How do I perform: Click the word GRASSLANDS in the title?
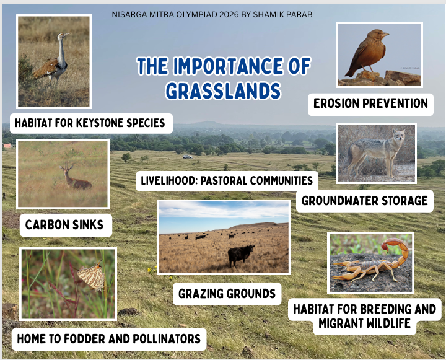click(223, 91)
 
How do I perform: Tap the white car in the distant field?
click(188, 157)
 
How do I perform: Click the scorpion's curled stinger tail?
click(397, 250)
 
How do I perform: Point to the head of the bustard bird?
click(63, 35)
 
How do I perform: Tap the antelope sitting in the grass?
click(75, 178)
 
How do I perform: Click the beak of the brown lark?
click(385, 35)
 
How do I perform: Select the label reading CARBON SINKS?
click(64, 225)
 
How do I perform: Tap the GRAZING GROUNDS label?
click(227, 294)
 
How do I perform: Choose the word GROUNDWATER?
click(339, 201)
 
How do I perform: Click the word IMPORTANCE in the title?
click(228, 66)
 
